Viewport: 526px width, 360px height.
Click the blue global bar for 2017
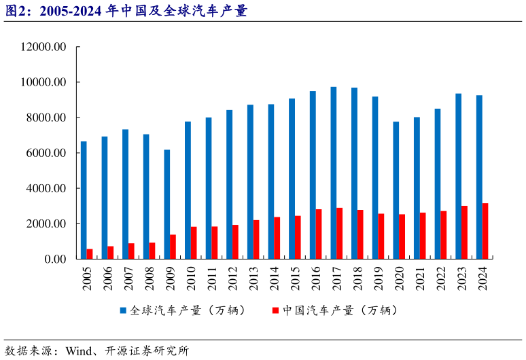pyautogui.click(x=333, y=173)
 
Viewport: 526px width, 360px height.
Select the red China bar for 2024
pyautogui.click(x=485, y=231)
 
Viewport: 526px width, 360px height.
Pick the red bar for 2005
pyautogui.click(x=90, y=253)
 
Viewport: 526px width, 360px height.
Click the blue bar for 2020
pyautogui.click(x=396, y=190)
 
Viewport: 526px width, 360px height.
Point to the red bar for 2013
pyautogui.click(x=256, y=239)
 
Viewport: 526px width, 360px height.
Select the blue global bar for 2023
pyautogui.click(x=458, y=176)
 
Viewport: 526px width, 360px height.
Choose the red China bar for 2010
pyautogui.click(x=194, y=242)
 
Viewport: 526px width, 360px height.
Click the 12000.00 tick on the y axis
pyautogui.click(x=43, y=48)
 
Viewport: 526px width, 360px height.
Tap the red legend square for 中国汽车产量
pyautogui.click(x=275, y=310)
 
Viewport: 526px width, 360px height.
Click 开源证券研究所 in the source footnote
pyautogui.click(x=145, y=351)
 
